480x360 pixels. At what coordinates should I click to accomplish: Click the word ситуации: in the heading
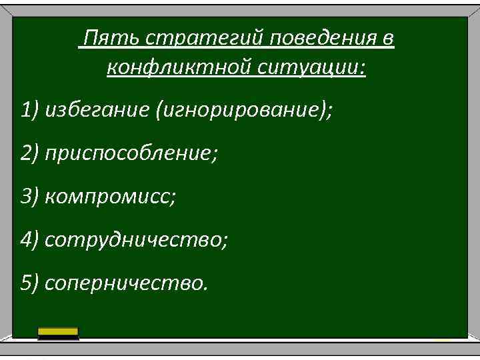coord(304,68)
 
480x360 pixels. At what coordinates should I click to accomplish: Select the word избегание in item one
coord(97,110)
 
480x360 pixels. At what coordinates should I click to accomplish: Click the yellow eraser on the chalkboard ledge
coord(58,333)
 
